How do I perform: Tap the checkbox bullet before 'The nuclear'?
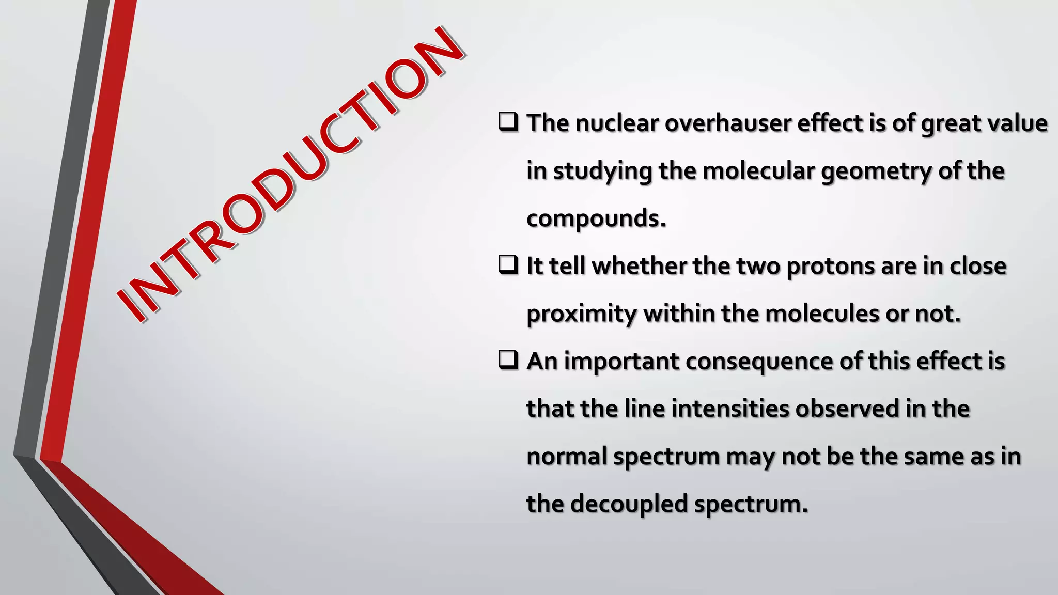508,122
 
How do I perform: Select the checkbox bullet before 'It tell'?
508,265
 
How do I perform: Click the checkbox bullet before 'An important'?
508,360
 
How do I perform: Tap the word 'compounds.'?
596,219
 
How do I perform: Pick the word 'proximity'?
582,314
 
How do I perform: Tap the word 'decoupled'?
629,504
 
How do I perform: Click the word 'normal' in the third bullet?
567,457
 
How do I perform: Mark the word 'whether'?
639,267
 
